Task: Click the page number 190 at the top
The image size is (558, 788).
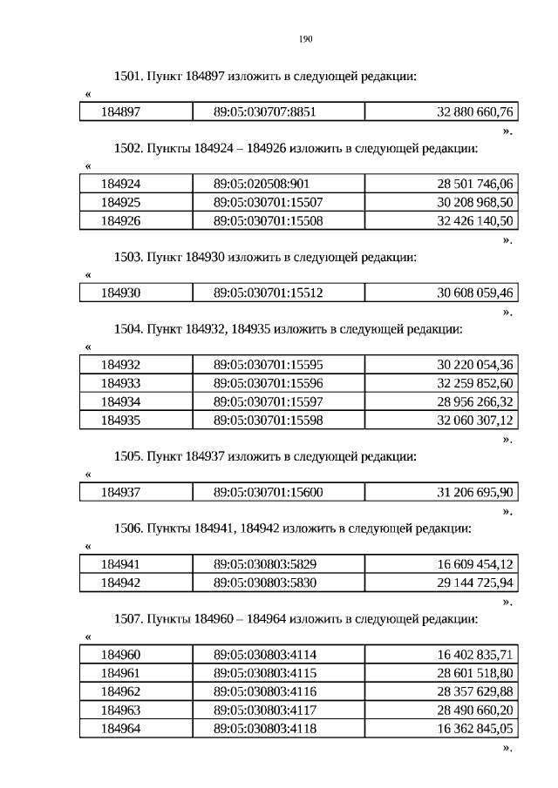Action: (x=305, y=39)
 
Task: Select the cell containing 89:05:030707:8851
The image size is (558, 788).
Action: (x=264, y=111)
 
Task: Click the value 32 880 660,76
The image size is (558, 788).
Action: (x=475, y=111)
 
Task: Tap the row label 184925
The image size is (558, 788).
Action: (x=120, y=202)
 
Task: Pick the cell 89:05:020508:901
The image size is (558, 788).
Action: (x=262, y=184)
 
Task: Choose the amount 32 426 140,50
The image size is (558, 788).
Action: (x=475, y=221)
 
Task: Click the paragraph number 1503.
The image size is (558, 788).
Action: (x=128, y=257)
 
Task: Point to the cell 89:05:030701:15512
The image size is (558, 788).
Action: (x=268, y=293)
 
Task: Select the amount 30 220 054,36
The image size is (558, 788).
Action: (x=475, y=365)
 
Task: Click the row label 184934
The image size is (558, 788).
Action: (x=120, y=401)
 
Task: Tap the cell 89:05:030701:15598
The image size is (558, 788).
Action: (x=268, y=420)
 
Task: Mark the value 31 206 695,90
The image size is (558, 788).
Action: (x=475, y=492)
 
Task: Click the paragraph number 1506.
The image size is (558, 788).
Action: (x=128, y=528)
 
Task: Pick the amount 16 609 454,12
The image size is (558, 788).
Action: (x=475, y=564)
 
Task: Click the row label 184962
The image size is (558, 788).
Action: (x=120, y=691)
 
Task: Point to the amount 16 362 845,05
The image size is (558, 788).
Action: (x=475, y=728)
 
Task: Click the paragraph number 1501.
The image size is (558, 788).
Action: (x=128, y=77)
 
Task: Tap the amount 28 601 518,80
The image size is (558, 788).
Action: (x=475, y=673)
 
